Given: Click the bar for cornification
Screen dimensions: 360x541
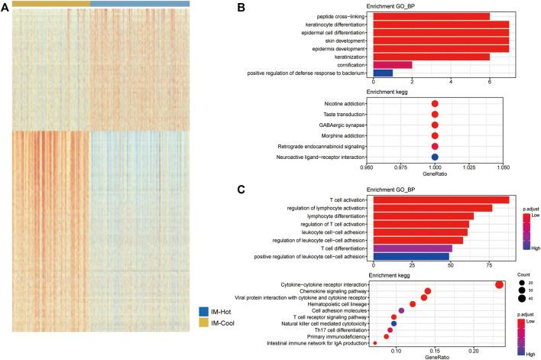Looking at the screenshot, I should click(391, 64).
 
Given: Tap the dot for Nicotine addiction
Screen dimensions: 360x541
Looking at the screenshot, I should click(435, 103).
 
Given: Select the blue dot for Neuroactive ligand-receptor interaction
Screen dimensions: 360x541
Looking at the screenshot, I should click(435, 157).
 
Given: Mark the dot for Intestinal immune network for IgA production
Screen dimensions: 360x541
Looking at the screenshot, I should click(374, 343).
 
